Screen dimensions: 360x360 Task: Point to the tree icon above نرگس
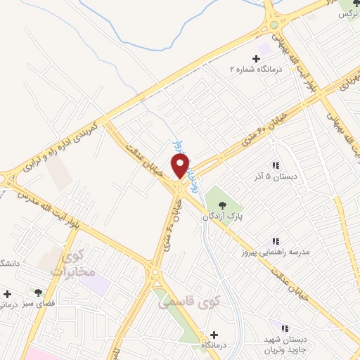pos(346,3)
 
